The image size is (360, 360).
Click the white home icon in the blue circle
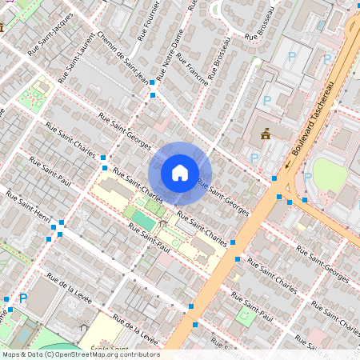click(180, 172)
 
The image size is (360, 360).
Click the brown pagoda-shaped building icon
click(266, 134)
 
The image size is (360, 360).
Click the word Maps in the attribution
click(12, 354)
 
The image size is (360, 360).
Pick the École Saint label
click(110, 349)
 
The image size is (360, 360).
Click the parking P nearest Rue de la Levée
click(23, 298)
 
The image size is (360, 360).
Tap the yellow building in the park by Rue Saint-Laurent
click(40, 84)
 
